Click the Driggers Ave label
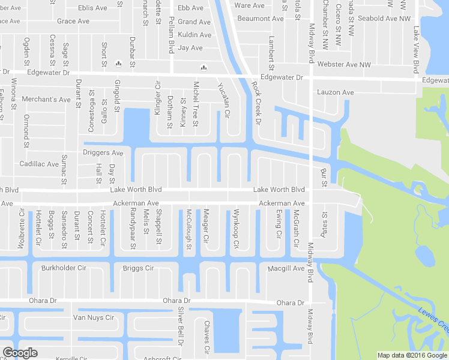[x=103, y=153]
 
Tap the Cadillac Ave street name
[x=39, y=164]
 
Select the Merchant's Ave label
[x=46, y=99]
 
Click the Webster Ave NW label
[x=344, y=64]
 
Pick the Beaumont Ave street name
[x=261, y=19]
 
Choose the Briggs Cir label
[x=138, y=268]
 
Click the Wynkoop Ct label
[x=236, y=229]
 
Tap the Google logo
[x=20, y=353]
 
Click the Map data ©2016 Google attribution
[x=412, y=355]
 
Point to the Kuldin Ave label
[x=194, y=35]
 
